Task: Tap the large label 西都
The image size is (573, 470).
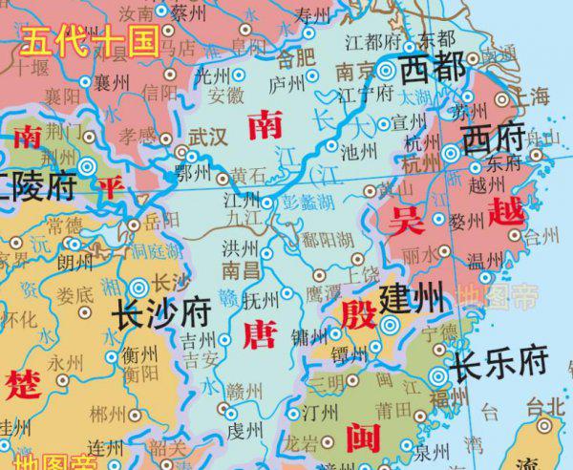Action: tap(432, 69)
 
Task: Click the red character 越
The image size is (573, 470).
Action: tap(501, 210)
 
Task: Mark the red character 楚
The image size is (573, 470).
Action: tap(20, 386)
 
